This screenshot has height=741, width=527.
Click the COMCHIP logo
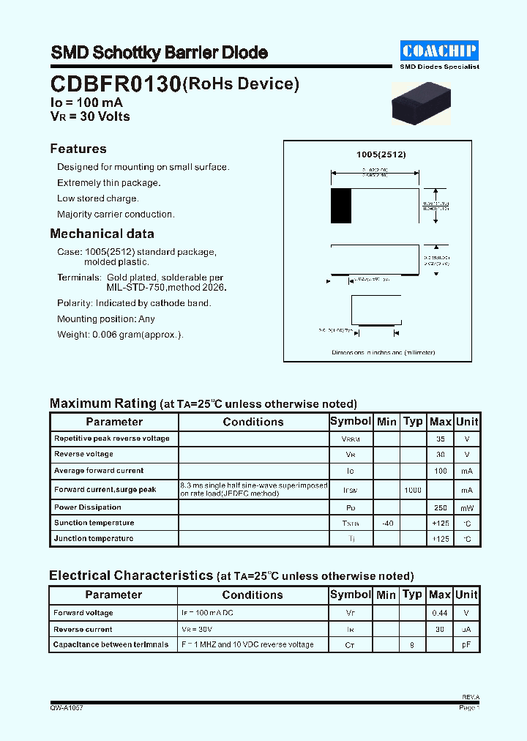[x=440, y=50]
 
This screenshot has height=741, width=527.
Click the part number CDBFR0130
[x=116, y=85]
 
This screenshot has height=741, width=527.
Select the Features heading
[x=78, y=149]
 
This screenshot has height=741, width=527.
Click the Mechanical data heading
[x=102, y=234]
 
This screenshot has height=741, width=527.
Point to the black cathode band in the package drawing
[x=341, y=206]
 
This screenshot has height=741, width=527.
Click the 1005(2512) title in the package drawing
[x=381, y=154]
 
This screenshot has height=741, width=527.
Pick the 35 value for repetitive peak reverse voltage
[x=440, y=439]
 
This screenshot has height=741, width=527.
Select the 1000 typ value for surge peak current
[x=413, y=489]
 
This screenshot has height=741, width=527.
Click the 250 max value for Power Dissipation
[x=440, y=507]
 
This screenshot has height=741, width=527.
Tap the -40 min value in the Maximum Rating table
[x=386, y=523]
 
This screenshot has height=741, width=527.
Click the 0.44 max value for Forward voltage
[x=440, y=613]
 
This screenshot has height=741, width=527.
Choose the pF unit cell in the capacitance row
[x=466, y=645]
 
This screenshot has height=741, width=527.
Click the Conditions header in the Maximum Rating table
[x=253, y=422]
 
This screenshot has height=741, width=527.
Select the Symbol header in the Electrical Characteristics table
[x=351, y=595]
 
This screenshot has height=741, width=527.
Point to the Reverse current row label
[x=83, y=629]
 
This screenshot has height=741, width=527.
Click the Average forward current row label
[x=98, y=471]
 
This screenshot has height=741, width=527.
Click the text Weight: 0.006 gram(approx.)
[x=120, y=335]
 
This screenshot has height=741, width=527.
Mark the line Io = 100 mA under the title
[x=86, y=103]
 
